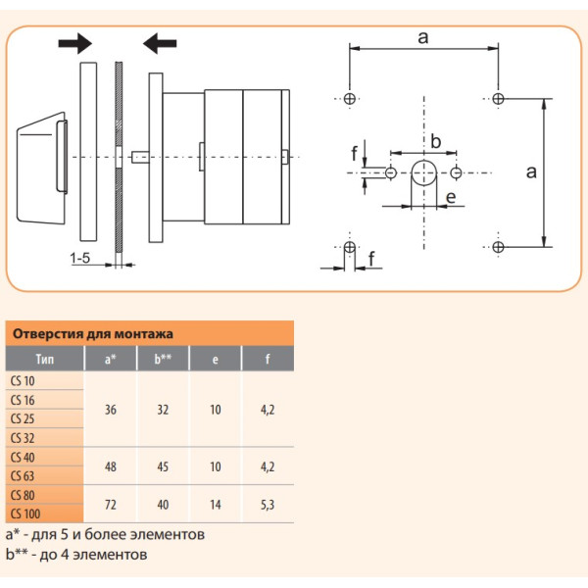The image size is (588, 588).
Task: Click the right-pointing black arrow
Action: click(74, 42)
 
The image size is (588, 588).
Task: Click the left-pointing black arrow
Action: click(160, 42)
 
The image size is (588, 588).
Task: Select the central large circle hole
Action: click(423, 173)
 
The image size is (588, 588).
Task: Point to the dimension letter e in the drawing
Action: click(450, 198)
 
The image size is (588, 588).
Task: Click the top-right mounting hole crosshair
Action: click(498, 98)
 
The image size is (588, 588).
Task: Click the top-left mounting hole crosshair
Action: click(351, 98)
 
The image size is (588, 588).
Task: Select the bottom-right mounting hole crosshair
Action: click(498, 247)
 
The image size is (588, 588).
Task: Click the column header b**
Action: click(163, 359)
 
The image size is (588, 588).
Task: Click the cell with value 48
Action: click(110, 465)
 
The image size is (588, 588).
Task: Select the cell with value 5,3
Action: click(268, 505)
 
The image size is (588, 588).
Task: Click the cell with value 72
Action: click(110, 505)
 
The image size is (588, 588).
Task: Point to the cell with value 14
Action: click(216, 505)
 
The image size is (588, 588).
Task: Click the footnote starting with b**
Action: click(76, 555)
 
